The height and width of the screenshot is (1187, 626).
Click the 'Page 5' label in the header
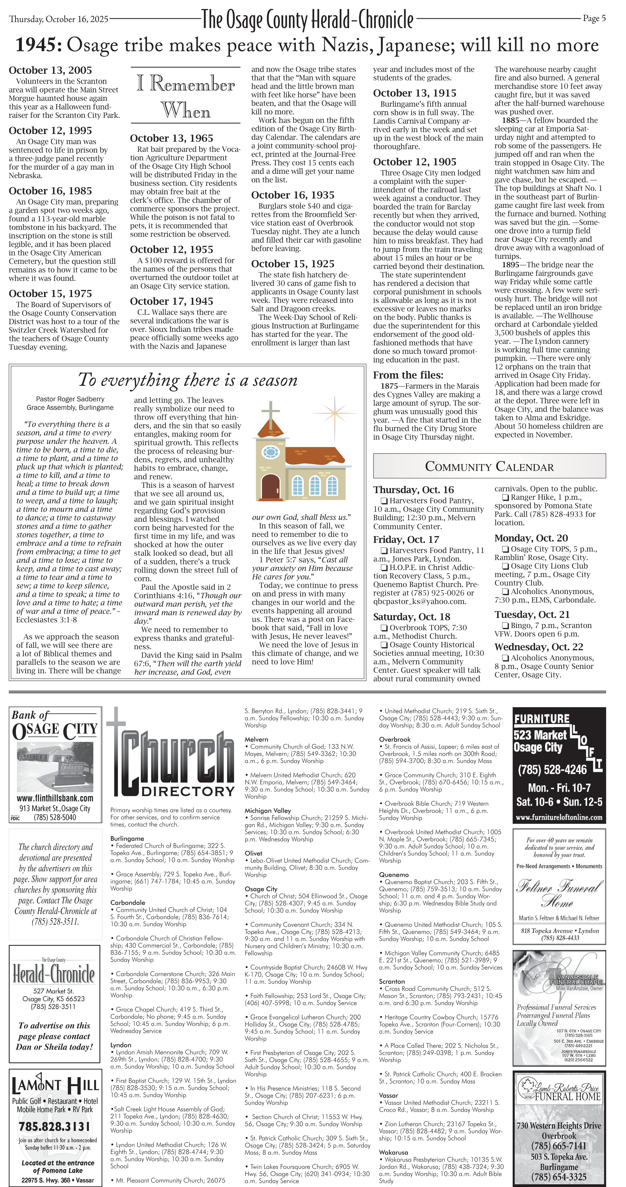(x=594, y=18)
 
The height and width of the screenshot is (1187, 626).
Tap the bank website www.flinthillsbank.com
(x=55, y=798)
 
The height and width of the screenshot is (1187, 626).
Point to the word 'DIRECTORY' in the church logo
(x=188, y=791)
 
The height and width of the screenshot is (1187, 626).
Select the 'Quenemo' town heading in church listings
(x=394, y=875)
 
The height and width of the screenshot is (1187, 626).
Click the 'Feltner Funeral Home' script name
(x=559, y=892)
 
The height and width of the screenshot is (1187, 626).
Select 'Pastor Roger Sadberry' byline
(x=70, y=399)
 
